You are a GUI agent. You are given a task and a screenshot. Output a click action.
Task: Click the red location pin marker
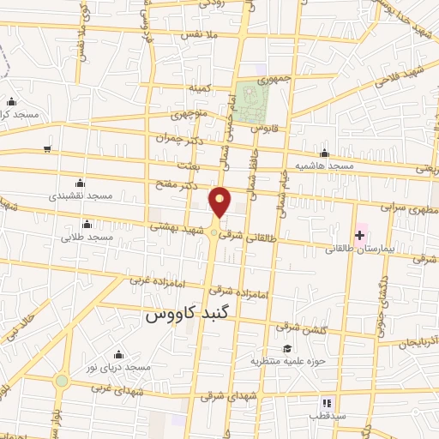(220, 201)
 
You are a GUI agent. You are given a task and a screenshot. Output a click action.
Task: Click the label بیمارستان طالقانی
(355, 250)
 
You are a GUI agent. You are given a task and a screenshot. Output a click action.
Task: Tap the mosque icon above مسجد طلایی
(86, 224)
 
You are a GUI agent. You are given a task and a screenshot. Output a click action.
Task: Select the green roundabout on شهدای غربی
(62, 381)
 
